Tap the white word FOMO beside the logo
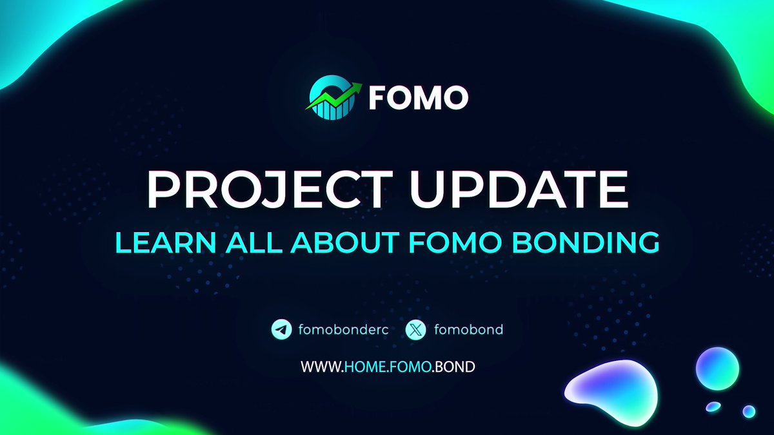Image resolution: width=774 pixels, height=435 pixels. point(418,99)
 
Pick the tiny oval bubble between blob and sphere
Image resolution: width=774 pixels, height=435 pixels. point(713,406)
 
